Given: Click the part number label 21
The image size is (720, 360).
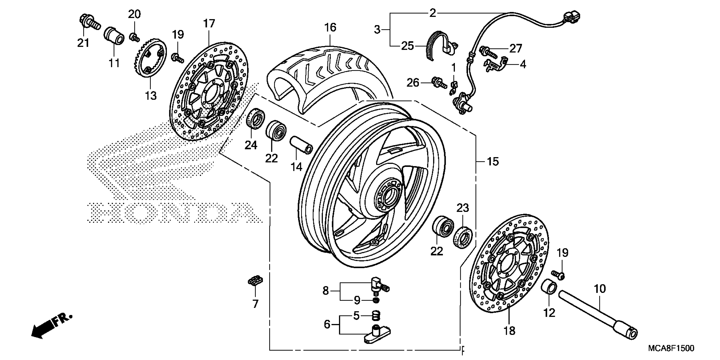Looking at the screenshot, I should [x=83, y=43].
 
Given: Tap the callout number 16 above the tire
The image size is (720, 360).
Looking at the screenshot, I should [x=330, y=27].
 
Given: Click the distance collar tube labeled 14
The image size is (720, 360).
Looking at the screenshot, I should [x=301, y=145].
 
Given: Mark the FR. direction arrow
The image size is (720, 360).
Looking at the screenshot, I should [x=50, y=326].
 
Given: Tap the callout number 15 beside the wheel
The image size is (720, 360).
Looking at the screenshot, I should [x=493, y=162].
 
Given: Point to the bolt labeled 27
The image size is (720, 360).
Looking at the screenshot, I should [x=488, y=52].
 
